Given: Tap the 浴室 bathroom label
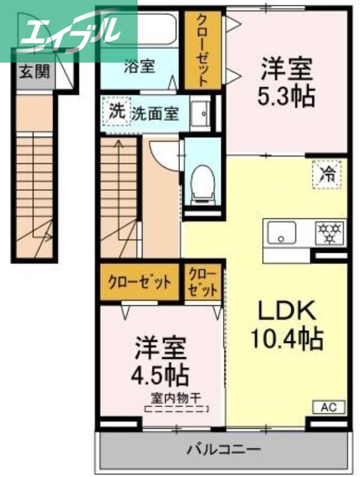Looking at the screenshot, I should point(139,66).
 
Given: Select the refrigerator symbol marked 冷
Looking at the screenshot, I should point(328,174).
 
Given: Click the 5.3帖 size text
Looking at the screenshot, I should point(286,95).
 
